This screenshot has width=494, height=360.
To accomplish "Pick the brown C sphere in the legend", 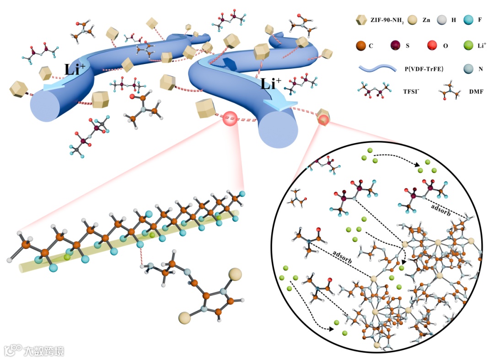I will [x=361, y=46].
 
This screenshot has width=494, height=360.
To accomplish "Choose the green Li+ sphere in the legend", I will [x=466, y=46].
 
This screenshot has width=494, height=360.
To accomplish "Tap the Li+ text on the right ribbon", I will [x=270, y=84].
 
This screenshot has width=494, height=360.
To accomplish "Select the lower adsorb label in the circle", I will [x=342, y=257].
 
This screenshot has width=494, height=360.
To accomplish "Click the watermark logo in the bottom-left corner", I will [x=14, y=350].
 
